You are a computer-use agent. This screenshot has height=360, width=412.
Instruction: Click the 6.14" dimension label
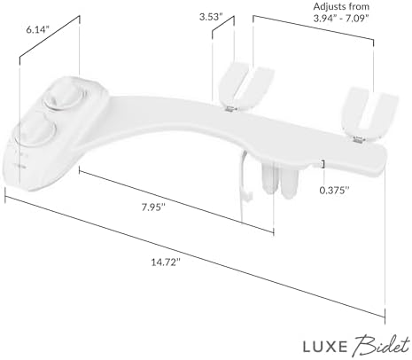tap(38, 29)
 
